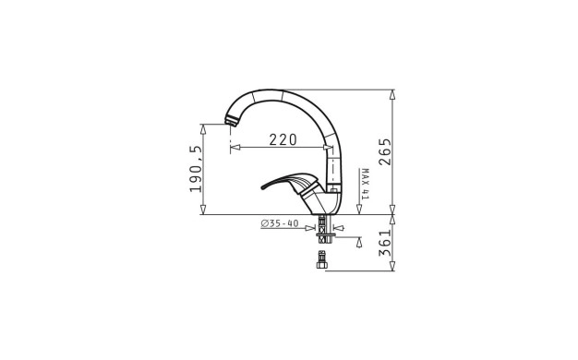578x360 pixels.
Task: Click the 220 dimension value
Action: pyautogui.click(x=283, y=139)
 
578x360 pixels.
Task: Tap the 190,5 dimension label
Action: pyautogui.click(x=196, y=169)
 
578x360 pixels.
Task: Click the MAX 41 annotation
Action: pyautogui.click(x=365, y=184)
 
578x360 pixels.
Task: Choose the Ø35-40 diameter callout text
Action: pyautogui.click(x=280, y=223)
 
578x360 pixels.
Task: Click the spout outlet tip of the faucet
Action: pyautogui.click(x=231, y=121)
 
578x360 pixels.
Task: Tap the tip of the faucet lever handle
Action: pyautogui.click(x=263, y=187)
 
